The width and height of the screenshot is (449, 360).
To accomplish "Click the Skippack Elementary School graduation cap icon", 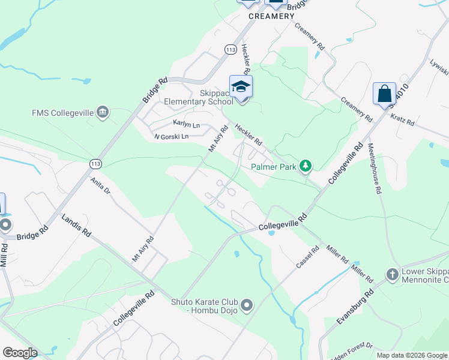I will click(x=241, y=88).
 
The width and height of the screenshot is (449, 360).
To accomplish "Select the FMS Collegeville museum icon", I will click(x=103, y=112).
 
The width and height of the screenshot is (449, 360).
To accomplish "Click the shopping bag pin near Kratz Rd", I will click(x=384, y=94).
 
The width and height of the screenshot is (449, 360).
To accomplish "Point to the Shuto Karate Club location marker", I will click(x=247, y=306).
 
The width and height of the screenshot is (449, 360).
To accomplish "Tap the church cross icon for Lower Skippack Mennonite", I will click(x=393, y=274).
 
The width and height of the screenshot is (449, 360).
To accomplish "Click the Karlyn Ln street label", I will click(x=186, y=124).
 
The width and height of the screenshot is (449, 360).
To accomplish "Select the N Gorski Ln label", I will click(x=171, y=137).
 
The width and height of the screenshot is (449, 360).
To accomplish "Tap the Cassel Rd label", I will click(x=308, y=257).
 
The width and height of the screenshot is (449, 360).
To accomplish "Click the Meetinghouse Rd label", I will click(x=375, y=168).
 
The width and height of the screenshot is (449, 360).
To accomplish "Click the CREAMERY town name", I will click(x=272, y=16).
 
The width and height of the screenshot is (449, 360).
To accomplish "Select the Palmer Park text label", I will click(x=274, y=167).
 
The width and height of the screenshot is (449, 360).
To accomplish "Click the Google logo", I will click(x=20, y=353).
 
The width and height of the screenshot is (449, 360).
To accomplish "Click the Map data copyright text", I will click(x=412, y=355).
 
